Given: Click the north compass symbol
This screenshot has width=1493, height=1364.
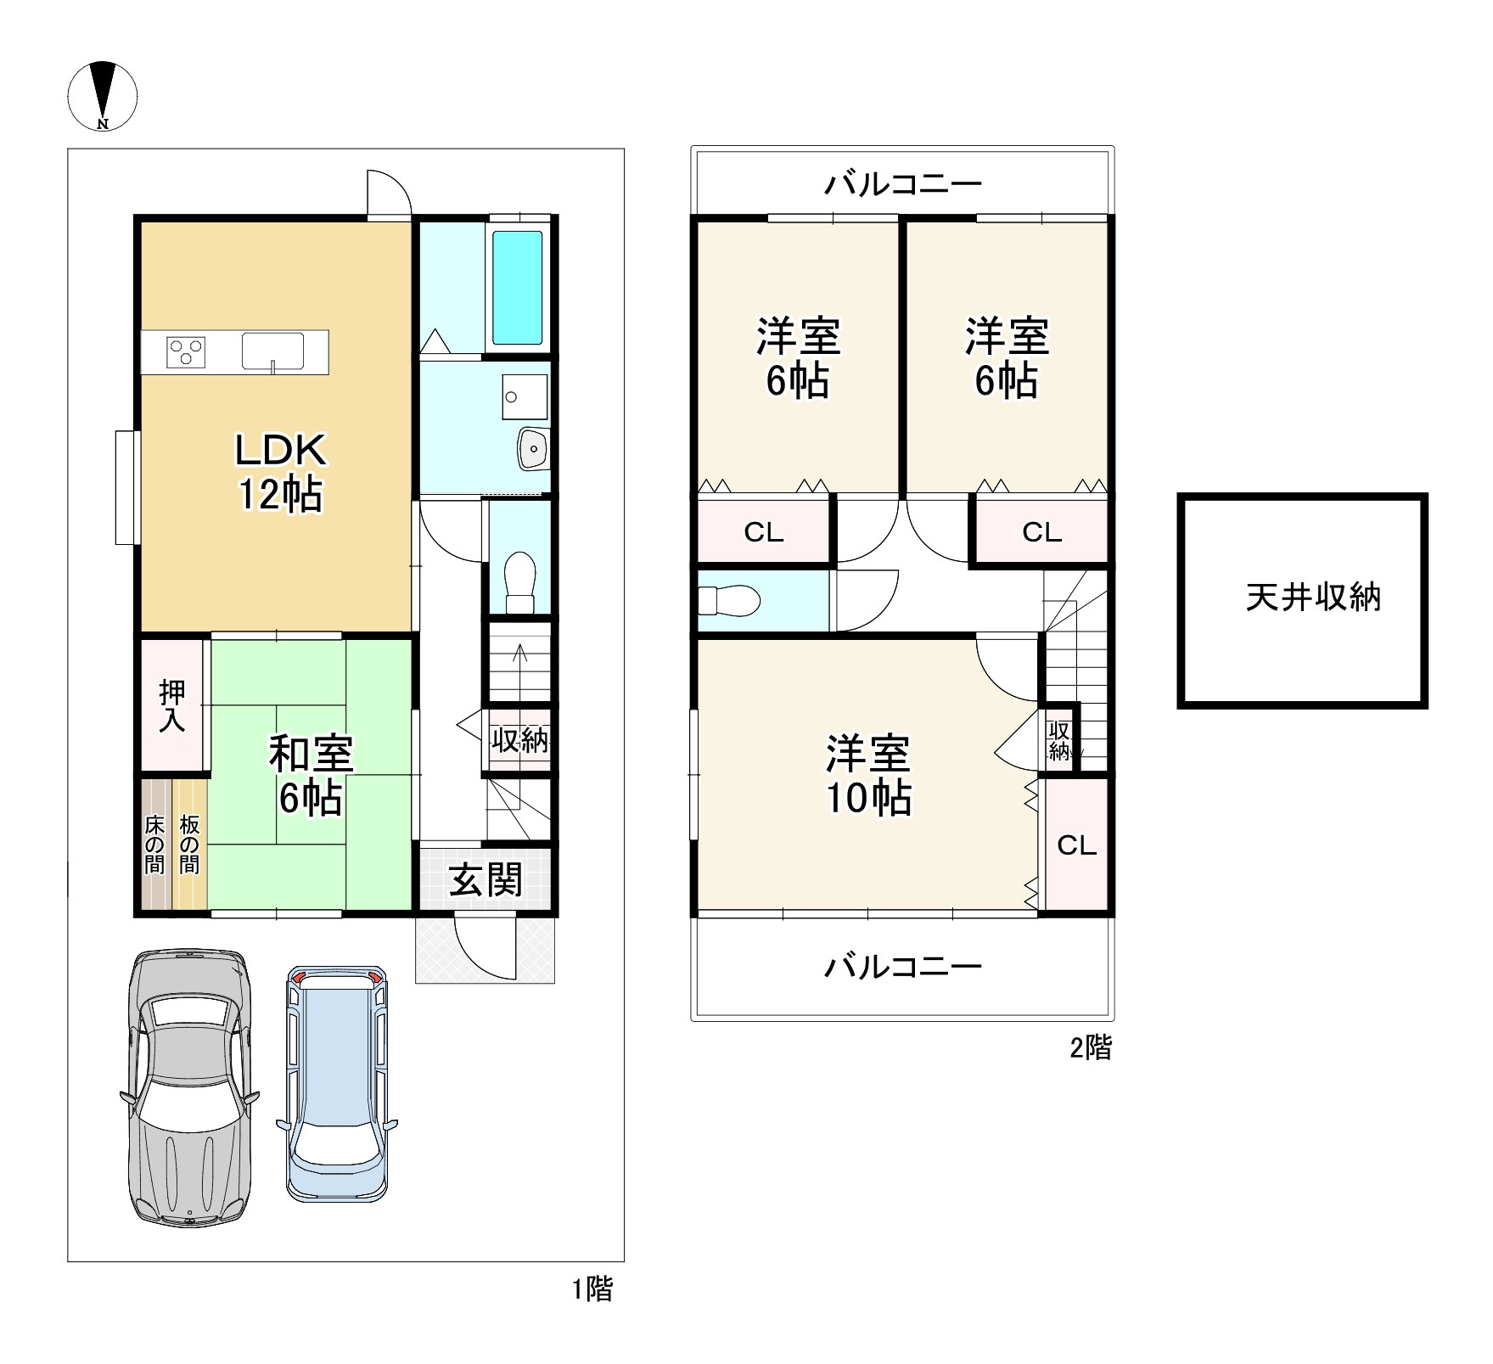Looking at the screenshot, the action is point(103,96).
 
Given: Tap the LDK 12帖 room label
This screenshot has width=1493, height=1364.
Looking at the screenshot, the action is point(281,472).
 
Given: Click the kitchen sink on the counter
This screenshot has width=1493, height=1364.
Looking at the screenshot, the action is point(272,351).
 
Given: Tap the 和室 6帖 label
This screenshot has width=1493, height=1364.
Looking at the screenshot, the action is point(311,776).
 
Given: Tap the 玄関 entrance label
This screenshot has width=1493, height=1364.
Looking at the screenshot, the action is point(486,879).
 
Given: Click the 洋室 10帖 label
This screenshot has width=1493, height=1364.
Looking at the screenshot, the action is point(869,776).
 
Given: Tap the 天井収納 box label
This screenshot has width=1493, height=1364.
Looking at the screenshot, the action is point(1314,598).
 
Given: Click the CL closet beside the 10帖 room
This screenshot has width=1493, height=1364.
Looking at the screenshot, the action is point(1076,845).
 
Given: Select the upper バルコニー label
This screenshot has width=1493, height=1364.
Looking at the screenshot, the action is point(903,183).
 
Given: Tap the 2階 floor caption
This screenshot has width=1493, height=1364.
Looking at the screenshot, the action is point(1090,1047).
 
